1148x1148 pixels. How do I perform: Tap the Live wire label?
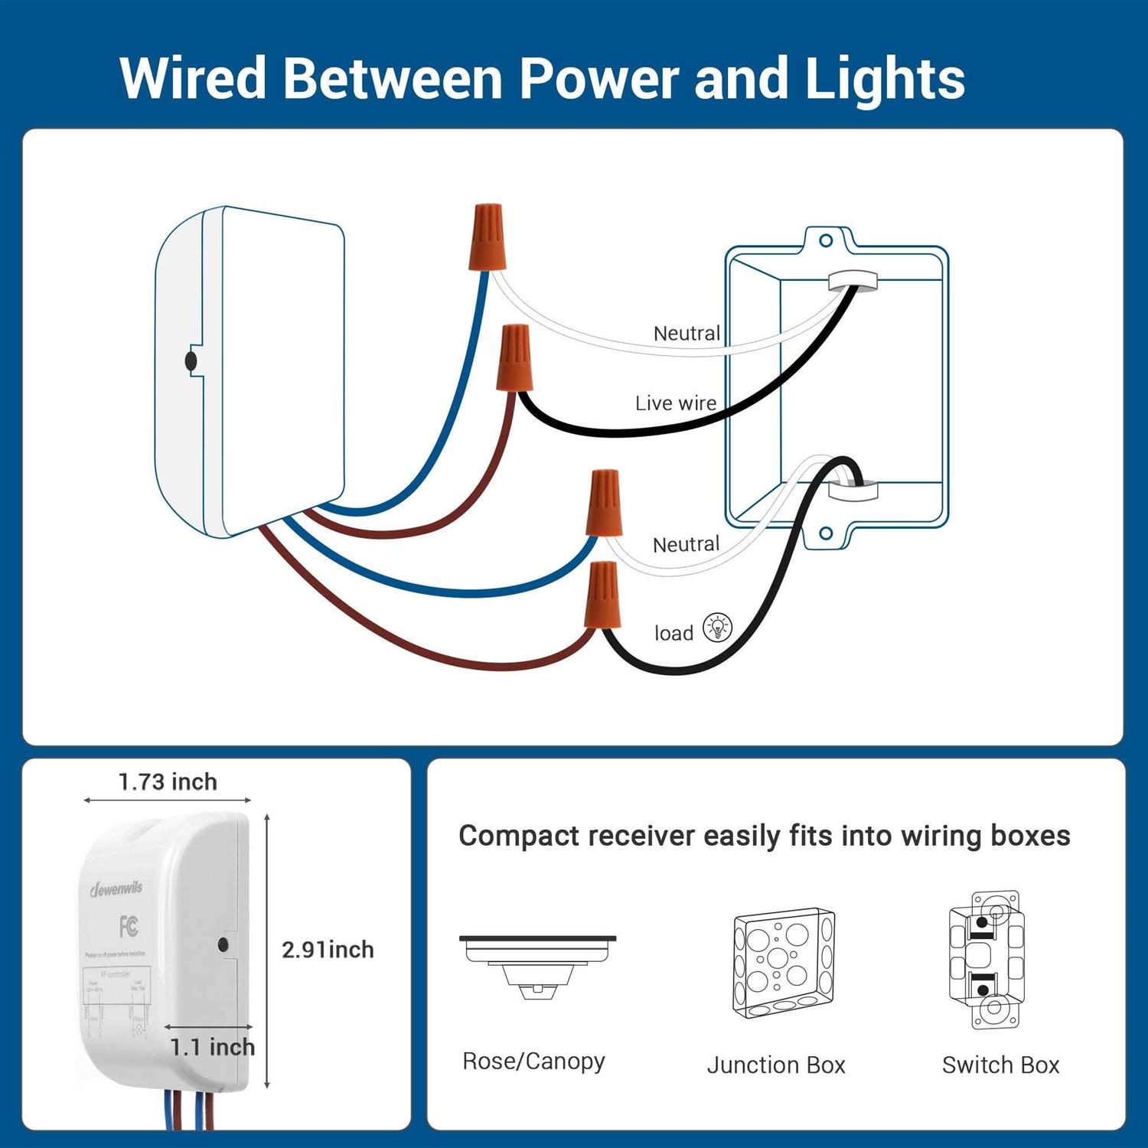click(676, 403)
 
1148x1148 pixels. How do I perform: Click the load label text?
click(673, 634)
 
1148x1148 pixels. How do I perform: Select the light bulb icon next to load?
click(717, 628)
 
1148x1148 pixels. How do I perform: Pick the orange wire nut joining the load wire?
click(601, 593)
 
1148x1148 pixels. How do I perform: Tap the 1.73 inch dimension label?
click(168, 781)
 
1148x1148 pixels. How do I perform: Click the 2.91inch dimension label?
click(328, 950)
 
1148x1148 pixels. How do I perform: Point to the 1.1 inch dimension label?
click(212, 1047)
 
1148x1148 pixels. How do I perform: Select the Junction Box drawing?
click(783, 964)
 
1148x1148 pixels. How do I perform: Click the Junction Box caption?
click(776, 1065)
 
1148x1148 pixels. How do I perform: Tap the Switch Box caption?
click(1000, 1065)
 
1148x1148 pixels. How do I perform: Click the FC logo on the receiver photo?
click(129, 926)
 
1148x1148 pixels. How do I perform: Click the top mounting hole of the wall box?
click(826, 241)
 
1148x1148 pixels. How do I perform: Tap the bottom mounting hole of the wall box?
click(826, 533)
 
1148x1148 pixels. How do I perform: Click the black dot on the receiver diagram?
click(191, 360)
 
